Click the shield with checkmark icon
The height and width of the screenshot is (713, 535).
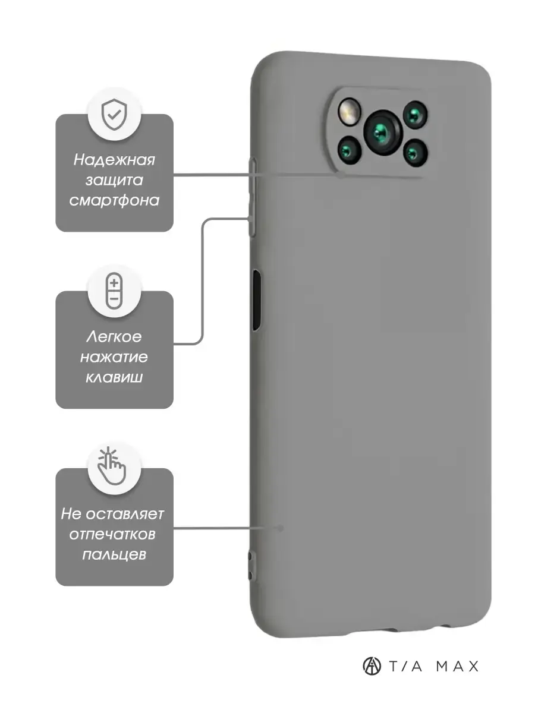coord(114,114)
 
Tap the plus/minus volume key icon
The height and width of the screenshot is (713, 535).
coord(114,291)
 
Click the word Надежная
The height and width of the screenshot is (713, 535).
coord(114,160)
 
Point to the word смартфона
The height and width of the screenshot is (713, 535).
coord(114,200)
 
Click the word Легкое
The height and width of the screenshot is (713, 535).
coord(114,337)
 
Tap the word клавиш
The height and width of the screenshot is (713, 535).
coord(114,377)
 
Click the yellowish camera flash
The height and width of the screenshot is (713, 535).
coord(349,110)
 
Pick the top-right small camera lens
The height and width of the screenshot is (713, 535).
coord(415,114)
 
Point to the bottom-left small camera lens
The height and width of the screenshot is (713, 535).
coord(350,150)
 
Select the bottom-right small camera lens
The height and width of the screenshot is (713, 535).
coord(416,152)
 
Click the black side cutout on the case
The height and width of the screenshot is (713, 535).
coord(256,300)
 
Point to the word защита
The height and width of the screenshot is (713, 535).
coord(114,180)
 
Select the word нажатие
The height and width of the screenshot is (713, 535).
coord(114,357)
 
